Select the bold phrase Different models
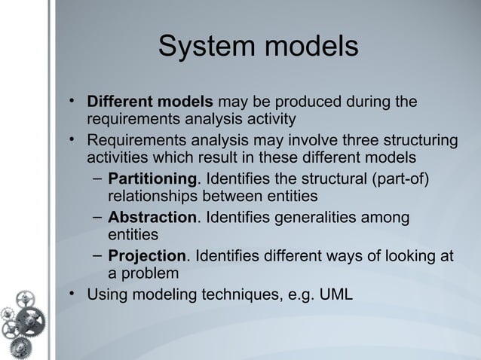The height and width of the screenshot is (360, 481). click(x=150, y=102)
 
